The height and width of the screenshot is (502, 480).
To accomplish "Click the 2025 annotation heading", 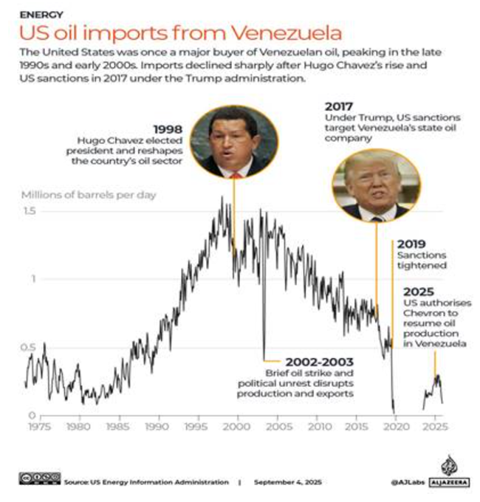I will [x=418, y=292].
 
